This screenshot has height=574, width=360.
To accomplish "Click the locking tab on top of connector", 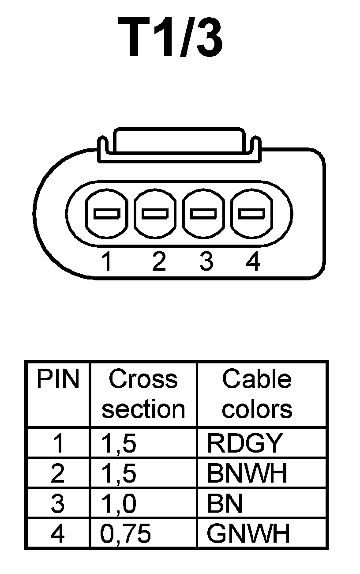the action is [178, 141].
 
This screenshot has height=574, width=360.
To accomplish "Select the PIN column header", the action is [58, 380].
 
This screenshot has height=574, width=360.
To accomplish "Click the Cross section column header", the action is [143, 394].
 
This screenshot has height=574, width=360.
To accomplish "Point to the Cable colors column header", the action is [257, 394].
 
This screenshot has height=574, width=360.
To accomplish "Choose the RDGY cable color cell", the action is [244, 443].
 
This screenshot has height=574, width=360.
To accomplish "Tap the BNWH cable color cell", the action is [247, 473].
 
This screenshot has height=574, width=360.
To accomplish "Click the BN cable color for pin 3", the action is [225, 504].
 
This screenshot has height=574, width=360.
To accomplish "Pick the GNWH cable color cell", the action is [248, 534].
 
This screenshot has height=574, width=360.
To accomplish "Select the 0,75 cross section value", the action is [126, 534].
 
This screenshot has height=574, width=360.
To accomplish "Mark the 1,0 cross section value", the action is [119, 504].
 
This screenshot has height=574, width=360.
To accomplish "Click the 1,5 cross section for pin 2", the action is [119, 473].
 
